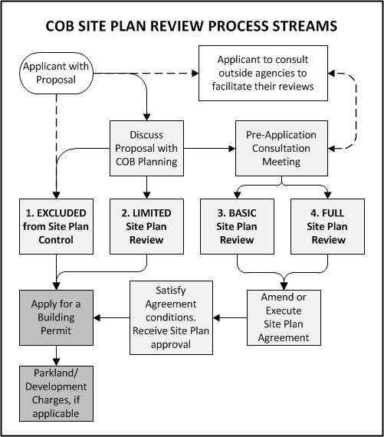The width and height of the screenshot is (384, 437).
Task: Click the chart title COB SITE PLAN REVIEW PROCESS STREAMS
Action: (x=192, y=26)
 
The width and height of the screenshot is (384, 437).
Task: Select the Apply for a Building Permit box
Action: (x=54, y=317)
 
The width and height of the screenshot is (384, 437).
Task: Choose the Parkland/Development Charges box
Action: (x=54, y=393)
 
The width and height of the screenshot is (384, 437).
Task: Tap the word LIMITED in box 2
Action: (x=151, y=212)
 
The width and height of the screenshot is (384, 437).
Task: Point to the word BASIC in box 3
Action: (x=242, y=212)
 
